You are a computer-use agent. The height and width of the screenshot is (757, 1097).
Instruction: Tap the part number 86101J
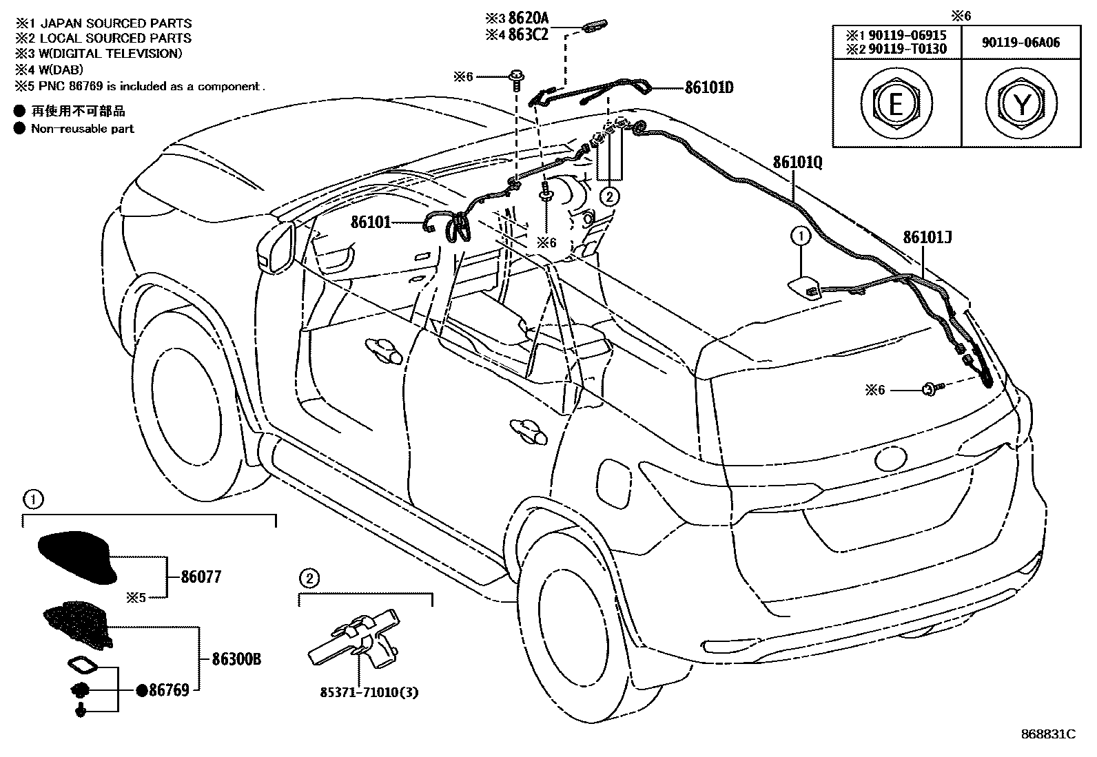click(x=927, y=238)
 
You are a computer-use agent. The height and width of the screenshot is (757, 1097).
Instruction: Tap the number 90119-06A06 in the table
click(x=1021, y=42)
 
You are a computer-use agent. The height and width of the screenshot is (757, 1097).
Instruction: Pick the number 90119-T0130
click(x=908, y=49)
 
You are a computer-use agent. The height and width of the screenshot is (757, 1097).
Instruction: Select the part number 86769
click(x=169, y=689)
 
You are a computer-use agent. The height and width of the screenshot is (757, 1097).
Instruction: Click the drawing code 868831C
click(x=1048, y=734)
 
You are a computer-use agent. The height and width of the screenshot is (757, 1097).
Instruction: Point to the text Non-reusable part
click(x=82, y=129)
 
